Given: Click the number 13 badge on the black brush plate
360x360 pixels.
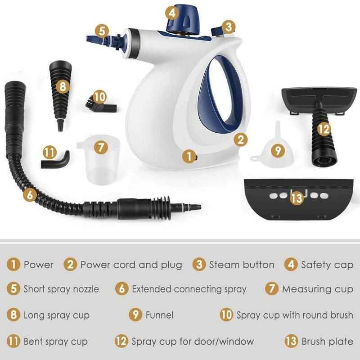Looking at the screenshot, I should click(296, 198).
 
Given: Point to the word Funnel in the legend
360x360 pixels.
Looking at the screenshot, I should click(159, 315).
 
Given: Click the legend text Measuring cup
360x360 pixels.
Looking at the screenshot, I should click(317, 288).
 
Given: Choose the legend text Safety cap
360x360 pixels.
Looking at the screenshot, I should click(327, 265).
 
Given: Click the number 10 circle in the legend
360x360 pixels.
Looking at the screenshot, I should click(226, 315).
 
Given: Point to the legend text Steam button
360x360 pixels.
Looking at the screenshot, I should click(242, 265).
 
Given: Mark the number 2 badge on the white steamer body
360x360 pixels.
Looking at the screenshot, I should click(242, 139).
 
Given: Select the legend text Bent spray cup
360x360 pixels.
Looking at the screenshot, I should click(55, 342).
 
